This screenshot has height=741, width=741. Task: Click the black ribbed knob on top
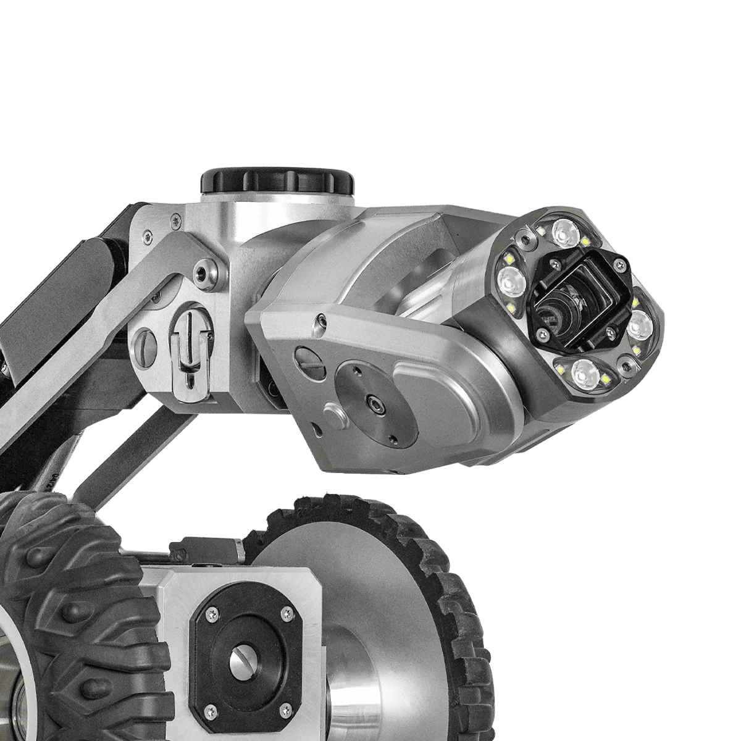pos(277,180)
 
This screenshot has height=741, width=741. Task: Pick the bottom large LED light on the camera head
pos(583,373)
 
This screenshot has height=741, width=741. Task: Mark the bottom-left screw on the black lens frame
pos(546,334)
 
